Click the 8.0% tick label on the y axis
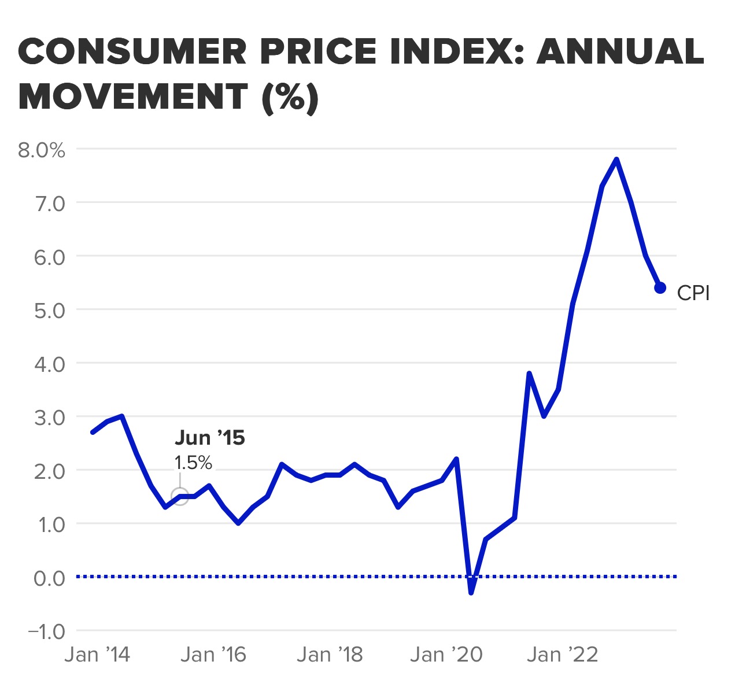pyautogui.click(x=41, y=150)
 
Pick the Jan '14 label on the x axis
pyautogui.click(x=97, y=655)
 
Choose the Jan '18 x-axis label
pyautogui.click(x=330, y=655)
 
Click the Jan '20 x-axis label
pyautogui.click(x=446, y=655)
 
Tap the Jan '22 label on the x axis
pyautogui.click(x=562, y=655)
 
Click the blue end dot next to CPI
pyautogui.click(x=660, y=288)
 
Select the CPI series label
pyautogui.click(x=693, y=293)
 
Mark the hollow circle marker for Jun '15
pyautogui.click(x=180, y=497)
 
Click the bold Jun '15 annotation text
pyautogui.click(x=209, y=438)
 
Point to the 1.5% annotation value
pyautogui.click(x=193, y=463)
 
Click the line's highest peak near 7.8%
pyautogui.click(x=616, y=160)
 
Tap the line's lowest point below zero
pyautogui.click(x=471, y=592)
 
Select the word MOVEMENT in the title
pyautogui.click(x=133, y=97)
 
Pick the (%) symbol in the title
pyautogui.click(x=290, y=97)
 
